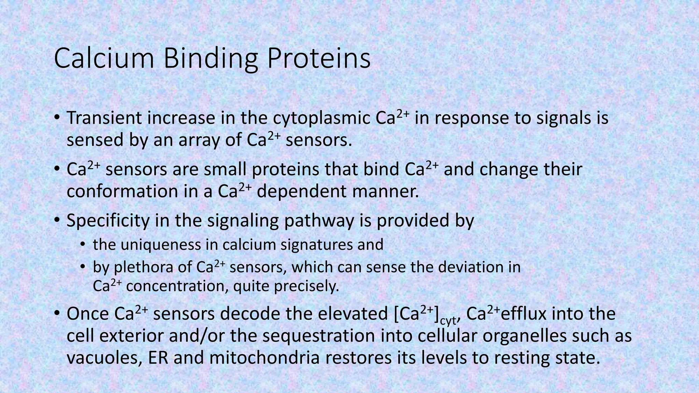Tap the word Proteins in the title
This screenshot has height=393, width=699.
coord(319,59)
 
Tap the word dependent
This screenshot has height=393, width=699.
coord(301,191)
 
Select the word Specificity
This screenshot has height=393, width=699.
coord(108,221)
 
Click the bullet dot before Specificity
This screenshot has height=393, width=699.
coord(57,220)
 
